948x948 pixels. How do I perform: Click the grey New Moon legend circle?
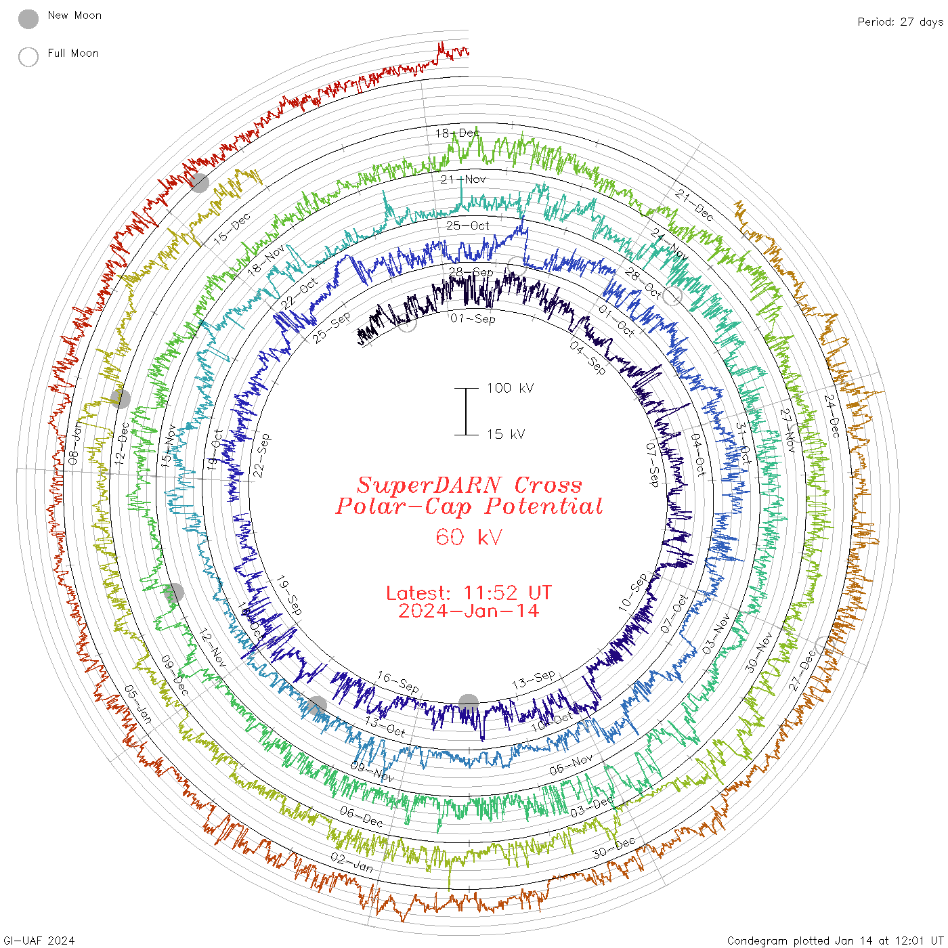click(x=28, y=19)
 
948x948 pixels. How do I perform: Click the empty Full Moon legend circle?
click(x=28, y=57)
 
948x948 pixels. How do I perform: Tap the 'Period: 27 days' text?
click(x=900, y=22)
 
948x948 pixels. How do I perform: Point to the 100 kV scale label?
click(x=510, y=388)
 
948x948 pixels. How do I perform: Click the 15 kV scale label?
click(x=505, y=434)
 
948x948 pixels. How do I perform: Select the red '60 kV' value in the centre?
click(x=469, y=537)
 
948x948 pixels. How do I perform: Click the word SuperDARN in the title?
click(x=429, y=485)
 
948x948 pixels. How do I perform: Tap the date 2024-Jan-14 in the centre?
click(x=469, y=611)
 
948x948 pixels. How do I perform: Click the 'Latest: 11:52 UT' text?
click(x=469, y=593)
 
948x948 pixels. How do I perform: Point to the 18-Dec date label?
click(x=457, y=133)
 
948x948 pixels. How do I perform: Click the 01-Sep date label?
click(x=473, y=318)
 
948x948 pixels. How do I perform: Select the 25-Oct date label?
click(x=467, y=225)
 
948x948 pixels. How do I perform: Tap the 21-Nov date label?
click(x=463, y=179)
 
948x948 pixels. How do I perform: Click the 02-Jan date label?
click(x=351, y=862)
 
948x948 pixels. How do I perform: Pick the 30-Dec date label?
click(x=614, y=847)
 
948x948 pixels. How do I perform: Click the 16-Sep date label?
click(x=398, y=682)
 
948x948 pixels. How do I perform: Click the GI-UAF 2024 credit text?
click(x=39, y=941)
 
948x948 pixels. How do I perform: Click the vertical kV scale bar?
click(x=466, y=411)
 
